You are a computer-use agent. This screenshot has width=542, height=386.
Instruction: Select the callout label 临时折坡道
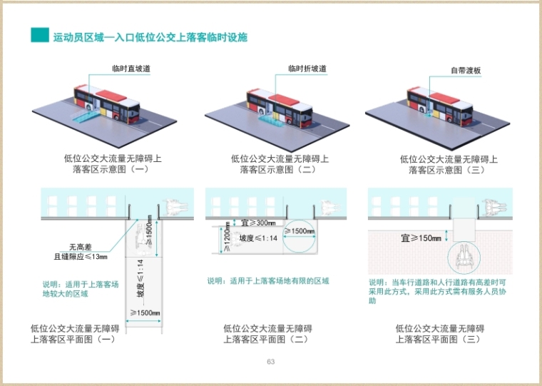(307, 68)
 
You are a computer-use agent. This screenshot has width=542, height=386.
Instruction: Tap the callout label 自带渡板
(465, 71)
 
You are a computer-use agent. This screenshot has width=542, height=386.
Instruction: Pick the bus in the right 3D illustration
(439, 103)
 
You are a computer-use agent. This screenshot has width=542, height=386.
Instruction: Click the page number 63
(271, 362)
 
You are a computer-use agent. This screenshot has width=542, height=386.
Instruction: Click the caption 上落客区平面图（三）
(440, 340)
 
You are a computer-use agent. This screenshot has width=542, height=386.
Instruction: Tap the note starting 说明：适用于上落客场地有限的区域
(268, 281)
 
